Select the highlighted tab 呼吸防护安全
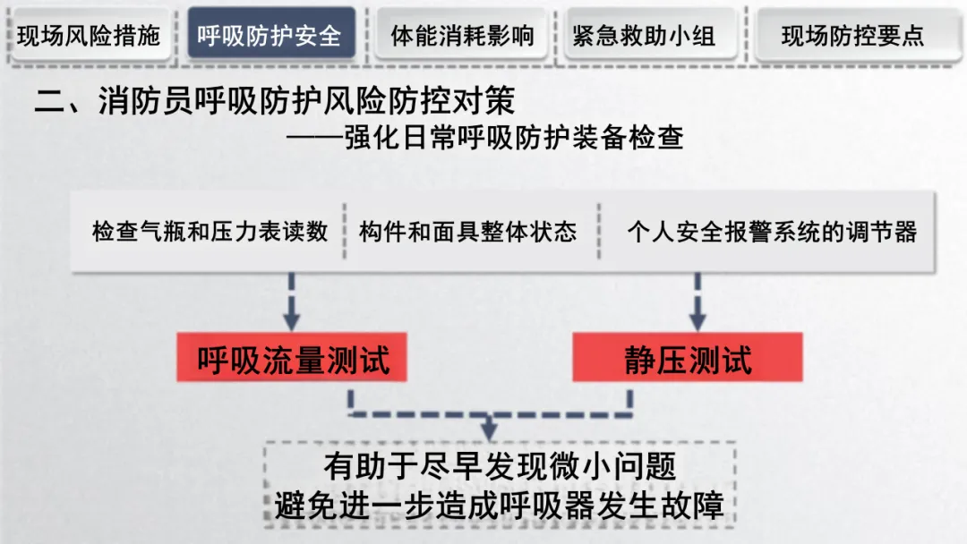(x=270, y=35)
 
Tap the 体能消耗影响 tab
(x=462, y=35)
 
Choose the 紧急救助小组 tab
(x=644, y=35)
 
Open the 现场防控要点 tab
(x=851, y=35)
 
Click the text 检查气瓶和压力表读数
(x=210, y=232)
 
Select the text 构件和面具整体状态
(x=467, y=232)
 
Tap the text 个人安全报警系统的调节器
(x=771, y=232)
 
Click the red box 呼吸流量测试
(x=293, y=360)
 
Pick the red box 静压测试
(x=688, y=360)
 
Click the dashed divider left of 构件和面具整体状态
(x=344, y=232)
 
